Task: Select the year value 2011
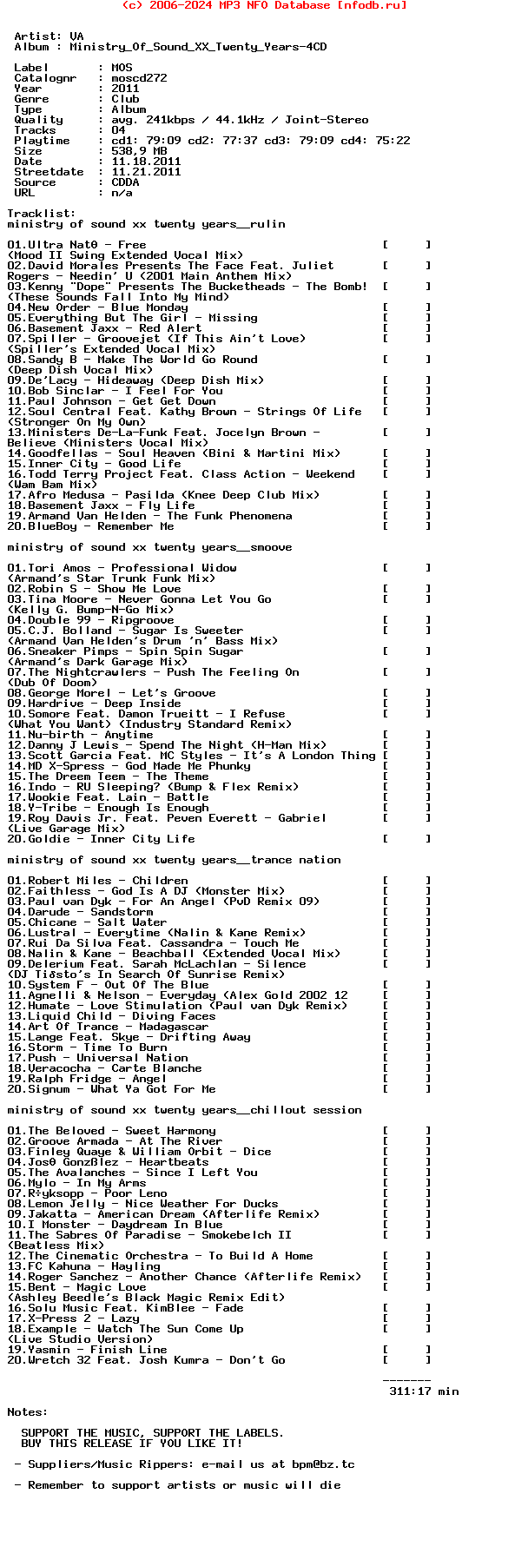(125, 89)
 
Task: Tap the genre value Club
(125, 99)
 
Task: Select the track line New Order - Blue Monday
(97, 307)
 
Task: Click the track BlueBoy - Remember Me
(90, 526)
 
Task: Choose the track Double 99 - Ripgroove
(90, 620)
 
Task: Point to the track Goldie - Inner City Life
(101, 839)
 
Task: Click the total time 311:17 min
(424, 1391)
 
